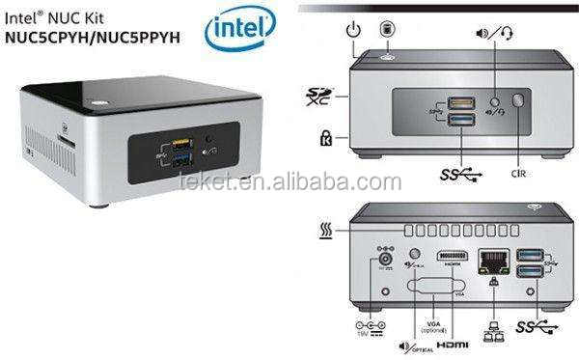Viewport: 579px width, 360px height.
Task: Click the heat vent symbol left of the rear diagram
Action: (x=326, y=233)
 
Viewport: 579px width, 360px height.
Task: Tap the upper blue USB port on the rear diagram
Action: (x=529, y=254)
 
